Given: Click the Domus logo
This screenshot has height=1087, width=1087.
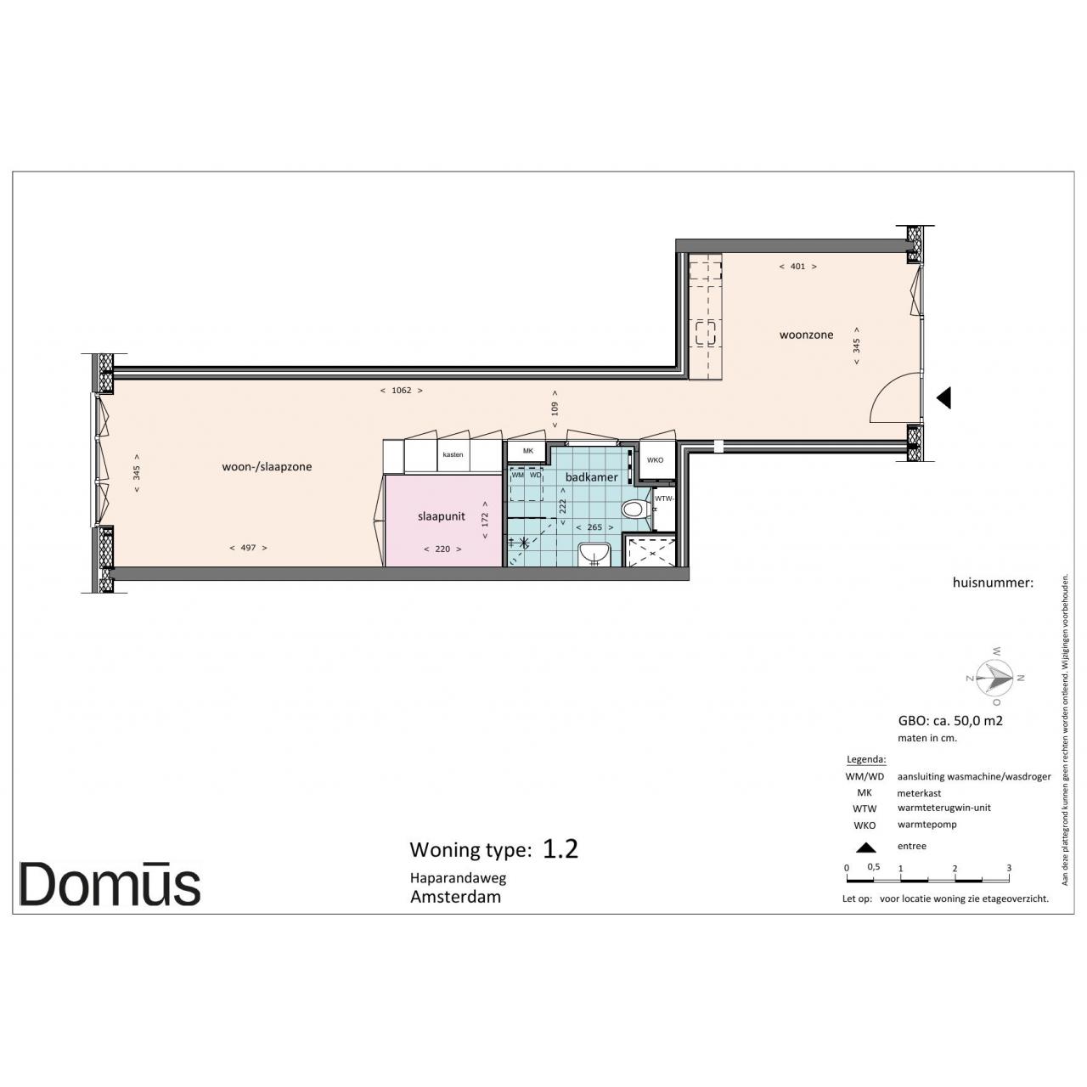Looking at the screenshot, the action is (x=110, y=884).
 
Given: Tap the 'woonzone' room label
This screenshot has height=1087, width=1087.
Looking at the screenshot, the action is (x=806, y=335).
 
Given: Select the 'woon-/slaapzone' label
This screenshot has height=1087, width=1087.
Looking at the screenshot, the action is (x=267, y=466).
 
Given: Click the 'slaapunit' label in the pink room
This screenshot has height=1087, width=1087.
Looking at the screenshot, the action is (x=441, y=516).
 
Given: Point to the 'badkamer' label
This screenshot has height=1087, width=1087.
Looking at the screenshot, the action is (x=591, y=477).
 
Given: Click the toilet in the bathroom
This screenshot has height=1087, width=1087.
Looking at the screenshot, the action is (x=636, y=510).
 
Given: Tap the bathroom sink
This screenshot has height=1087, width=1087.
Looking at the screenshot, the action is (x=594, y=554).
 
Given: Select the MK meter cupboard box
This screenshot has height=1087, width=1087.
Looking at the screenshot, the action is (x=527, y=451).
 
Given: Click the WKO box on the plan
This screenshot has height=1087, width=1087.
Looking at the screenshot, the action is (x=655, y=460).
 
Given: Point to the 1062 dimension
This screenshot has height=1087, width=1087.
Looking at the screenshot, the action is (x=401, y=391).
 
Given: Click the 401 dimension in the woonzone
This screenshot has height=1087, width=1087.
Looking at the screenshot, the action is (x=797, y=267).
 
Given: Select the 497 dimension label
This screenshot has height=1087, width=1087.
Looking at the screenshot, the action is (x=248, y=547).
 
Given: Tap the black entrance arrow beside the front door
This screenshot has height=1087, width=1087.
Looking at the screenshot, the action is (x=944, y=397).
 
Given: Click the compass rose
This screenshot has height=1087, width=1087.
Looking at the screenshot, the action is (x=995, y=677).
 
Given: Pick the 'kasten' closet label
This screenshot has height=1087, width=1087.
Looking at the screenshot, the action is (x=453, y=454).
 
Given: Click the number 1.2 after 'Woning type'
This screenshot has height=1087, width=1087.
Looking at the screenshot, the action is (x=560, y=848).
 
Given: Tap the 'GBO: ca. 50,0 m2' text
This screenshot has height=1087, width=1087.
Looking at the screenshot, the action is (x=950, y=720).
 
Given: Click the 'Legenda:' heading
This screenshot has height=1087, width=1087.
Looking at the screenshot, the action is (x=866, y=759).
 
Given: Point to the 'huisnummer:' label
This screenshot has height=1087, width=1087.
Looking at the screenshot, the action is (x=993, y=583).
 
